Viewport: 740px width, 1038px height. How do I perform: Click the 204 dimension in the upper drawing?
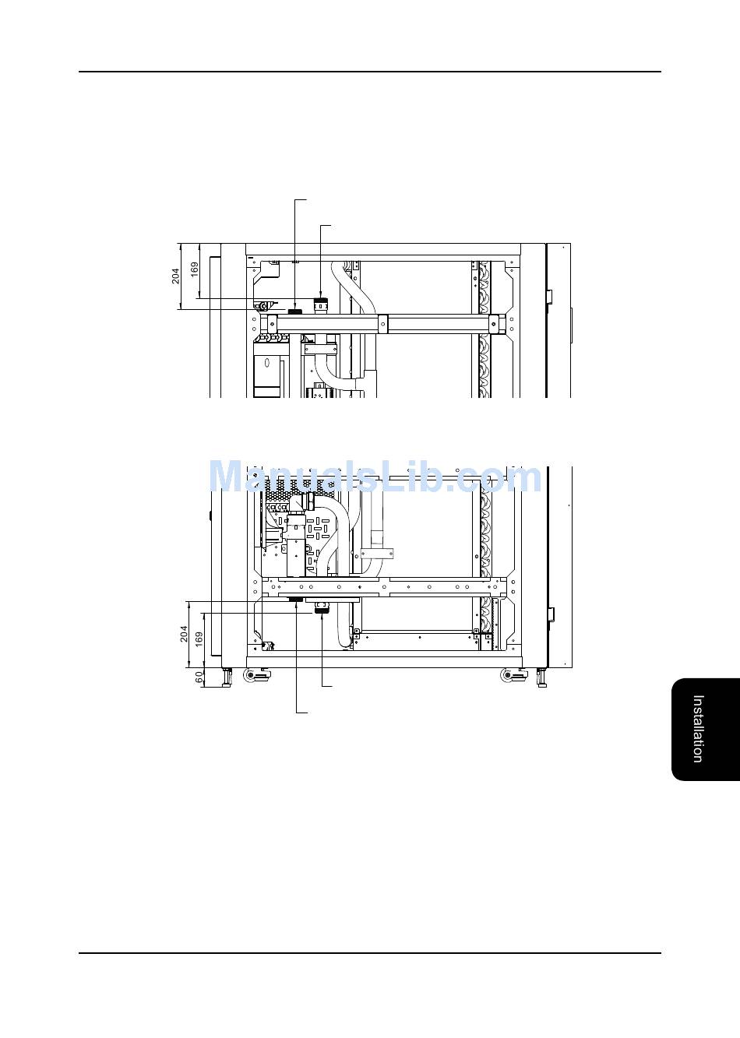click(176, 276)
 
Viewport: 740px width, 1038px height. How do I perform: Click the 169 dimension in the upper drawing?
click(195, 269)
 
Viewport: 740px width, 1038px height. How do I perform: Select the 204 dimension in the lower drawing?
click(184, 634)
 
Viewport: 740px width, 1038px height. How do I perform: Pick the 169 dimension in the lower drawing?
click(199, 639)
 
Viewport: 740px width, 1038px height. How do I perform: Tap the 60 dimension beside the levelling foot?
click(199, 677)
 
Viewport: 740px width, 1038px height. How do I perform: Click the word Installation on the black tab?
click(698, 729)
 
